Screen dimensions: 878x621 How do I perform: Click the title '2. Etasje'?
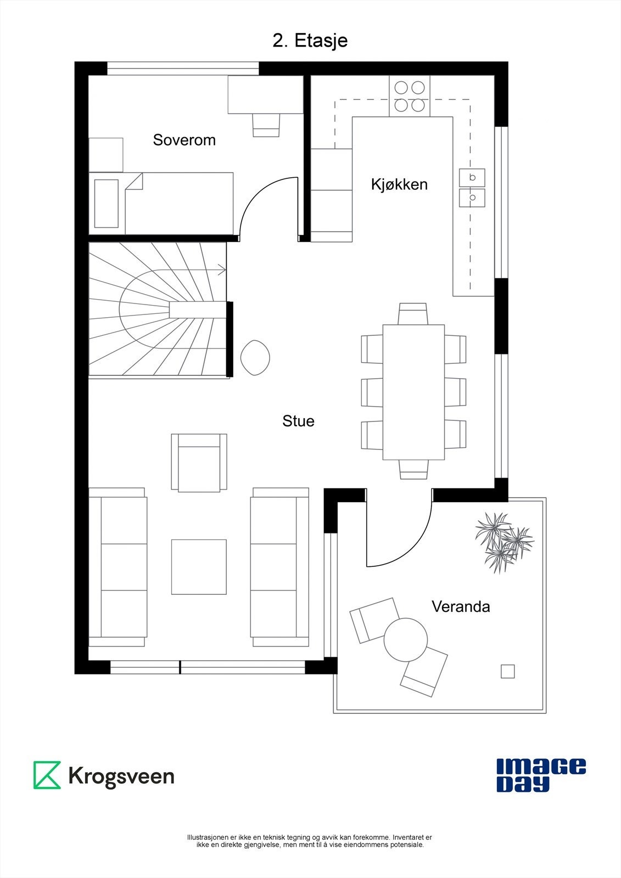pyautogui.click(x=310, y=41)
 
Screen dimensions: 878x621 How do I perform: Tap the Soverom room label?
pyautogui.click(x=184, y=140)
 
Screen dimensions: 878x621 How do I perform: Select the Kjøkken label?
pyautogui.click(x=399, y=184)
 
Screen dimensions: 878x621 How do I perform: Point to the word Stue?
pyautogui.click(x=298, y=421)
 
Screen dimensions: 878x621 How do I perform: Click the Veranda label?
pyautogui.click(x=460, y=606)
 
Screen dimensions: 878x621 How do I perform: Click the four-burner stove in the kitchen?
pyautogui.click(x=410, y=96)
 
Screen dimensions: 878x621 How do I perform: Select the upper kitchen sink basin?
pyautogui.click(x=472, y=177)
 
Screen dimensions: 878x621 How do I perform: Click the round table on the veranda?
pyautogui.click(x=405, y=639)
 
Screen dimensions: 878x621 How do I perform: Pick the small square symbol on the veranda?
pyautogui.click(x=507, y=671)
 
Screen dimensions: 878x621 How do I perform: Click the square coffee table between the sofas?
pyautogui.click(x=199, y=567)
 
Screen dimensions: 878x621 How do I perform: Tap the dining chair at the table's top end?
pyautogui.click(x=413, y=313)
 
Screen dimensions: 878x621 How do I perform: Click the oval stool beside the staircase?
pyautogui.click(x=255, y=358)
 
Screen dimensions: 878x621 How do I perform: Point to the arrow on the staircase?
pyautogui.click(x=221, y=269)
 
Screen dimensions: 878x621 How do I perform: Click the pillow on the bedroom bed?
pyautogui.click(x=107, y=203)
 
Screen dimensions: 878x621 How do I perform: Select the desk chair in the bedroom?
pyautogui.click(x=266, y=125)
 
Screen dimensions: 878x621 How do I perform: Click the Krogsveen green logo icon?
pyautogui.click(x=47, y=775)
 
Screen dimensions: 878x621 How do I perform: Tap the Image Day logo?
pyautogui.click(x=540, y=775)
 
